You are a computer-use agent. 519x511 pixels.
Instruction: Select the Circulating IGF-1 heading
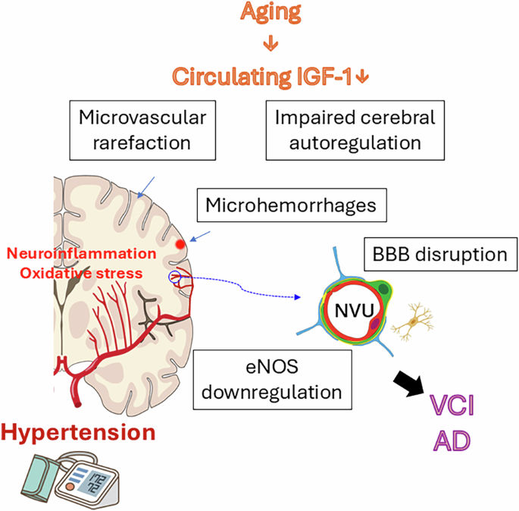pos(270,77)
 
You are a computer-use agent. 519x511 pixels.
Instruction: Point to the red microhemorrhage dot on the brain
pos(180,244)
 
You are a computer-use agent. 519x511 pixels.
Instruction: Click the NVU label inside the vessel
pos(353,309)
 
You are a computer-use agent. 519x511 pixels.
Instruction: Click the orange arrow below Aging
pos(270,45)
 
